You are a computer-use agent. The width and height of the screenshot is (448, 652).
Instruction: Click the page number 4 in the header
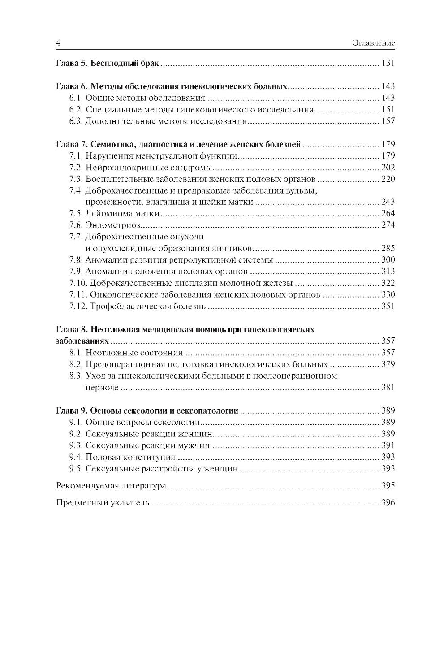pos(58,43)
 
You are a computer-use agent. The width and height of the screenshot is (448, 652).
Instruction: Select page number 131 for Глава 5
pos(388,63)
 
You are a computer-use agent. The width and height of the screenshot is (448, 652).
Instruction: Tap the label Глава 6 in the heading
pos(72,86)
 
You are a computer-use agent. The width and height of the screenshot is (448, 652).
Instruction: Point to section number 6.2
pos(76,110)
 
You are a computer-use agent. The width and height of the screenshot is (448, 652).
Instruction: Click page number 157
pos(388,121)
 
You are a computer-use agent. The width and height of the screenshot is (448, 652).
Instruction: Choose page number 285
pos(388,248)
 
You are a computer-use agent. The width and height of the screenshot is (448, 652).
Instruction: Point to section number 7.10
pos(78,283)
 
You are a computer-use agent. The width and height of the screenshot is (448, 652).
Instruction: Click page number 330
pos(388,295)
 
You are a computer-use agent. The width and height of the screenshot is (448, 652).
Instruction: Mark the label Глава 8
pos(72,330)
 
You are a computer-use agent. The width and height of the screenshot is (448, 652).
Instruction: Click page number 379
pos(388,364)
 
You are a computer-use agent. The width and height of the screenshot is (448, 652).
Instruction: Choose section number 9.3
pos(76,445)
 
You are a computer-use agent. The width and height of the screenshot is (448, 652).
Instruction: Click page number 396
pos(388,503)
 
